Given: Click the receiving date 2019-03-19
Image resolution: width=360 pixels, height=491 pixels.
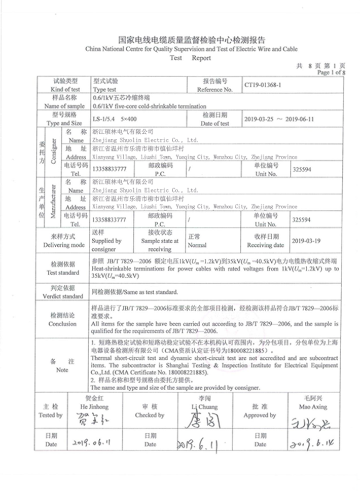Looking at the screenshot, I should [x=310, y=241].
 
